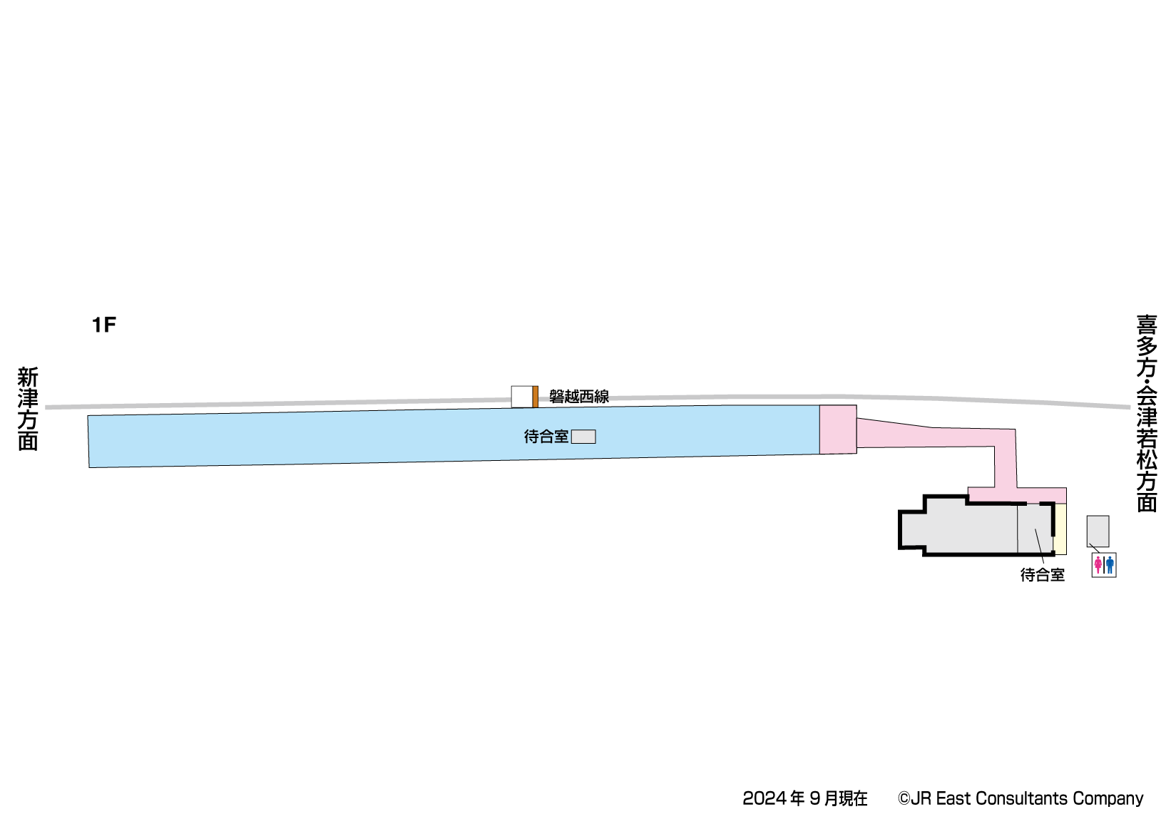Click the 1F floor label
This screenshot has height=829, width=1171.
point(104,325)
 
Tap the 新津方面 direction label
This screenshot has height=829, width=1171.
point(29,409)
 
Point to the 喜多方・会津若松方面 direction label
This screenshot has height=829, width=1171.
point(1147,413)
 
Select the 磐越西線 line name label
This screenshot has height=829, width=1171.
point(578,397)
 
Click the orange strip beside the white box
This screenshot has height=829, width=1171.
point(536,397)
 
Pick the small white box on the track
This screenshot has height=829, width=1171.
point(522,397)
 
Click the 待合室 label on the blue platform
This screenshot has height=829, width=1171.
point(546,437)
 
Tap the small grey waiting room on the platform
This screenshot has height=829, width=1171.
point(583,437)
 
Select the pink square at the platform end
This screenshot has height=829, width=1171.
point(838,429)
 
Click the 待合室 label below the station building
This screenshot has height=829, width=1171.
point(1043,575)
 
